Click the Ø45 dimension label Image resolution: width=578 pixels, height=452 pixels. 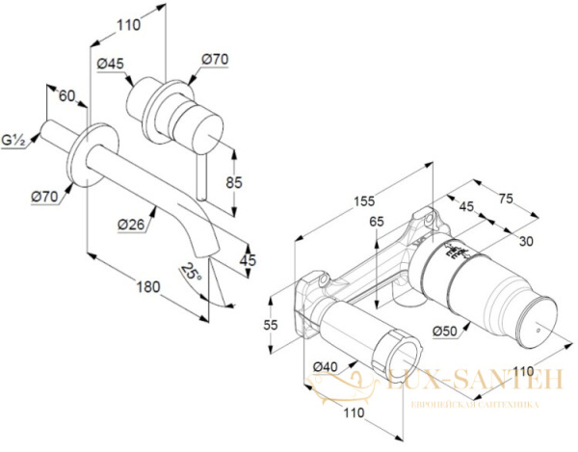111,65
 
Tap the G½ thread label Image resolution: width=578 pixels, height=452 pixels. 14,141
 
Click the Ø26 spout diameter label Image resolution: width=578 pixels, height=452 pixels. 131,225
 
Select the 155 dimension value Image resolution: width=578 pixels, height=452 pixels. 364,201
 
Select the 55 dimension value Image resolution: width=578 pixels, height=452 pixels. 271,325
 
